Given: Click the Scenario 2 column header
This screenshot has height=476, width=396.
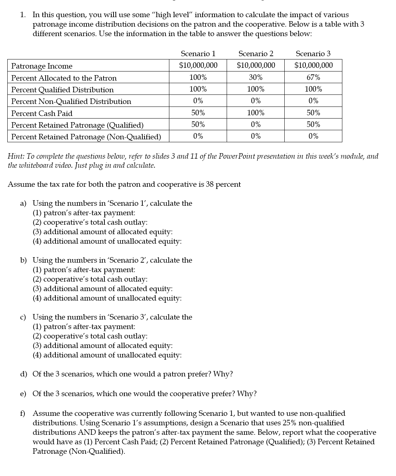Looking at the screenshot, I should (255, 54).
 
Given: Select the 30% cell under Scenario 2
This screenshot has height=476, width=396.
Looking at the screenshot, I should (255, 77).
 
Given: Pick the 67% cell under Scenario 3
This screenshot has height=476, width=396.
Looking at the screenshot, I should (313, 77).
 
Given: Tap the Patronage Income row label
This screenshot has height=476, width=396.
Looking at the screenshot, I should (42, 66).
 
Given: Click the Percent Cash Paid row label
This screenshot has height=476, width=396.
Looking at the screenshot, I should (42, 113).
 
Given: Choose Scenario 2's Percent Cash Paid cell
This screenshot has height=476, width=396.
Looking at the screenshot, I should (255, 113).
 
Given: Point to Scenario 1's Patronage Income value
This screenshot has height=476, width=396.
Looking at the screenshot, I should (198, 66).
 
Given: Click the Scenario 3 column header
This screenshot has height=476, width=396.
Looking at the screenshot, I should (313, 54).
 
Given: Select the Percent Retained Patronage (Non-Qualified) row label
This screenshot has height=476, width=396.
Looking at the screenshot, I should (86, 137).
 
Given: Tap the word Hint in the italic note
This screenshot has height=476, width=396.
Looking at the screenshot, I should (16, 156).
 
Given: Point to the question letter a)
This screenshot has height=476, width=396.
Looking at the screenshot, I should (23, 203).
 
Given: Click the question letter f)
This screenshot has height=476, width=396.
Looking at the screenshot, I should (23, 413).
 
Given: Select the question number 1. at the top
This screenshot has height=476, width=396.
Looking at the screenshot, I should (23, 15).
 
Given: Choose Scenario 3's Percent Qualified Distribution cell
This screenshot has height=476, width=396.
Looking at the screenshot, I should (313, 89).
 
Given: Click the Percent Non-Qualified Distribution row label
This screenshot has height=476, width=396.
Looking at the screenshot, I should (71, 101).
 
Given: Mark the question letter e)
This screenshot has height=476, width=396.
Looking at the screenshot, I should (23, 394).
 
